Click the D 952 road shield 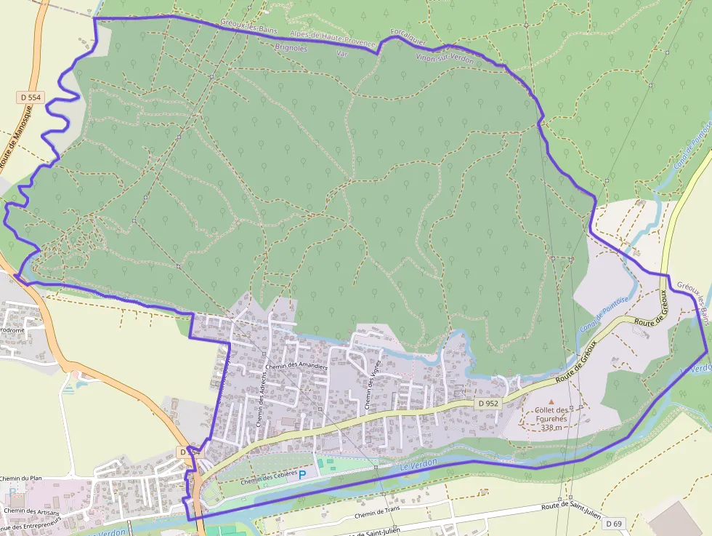click(x=489, y=403)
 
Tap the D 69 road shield click(x=614, y=524)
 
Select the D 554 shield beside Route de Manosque click(x=30, y=97)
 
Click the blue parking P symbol click(x=302, y=475)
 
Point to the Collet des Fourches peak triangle click(x=551, y=401)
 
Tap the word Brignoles click(x=291, y=48)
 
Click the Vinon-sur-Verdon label click(x=445, y=58)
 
